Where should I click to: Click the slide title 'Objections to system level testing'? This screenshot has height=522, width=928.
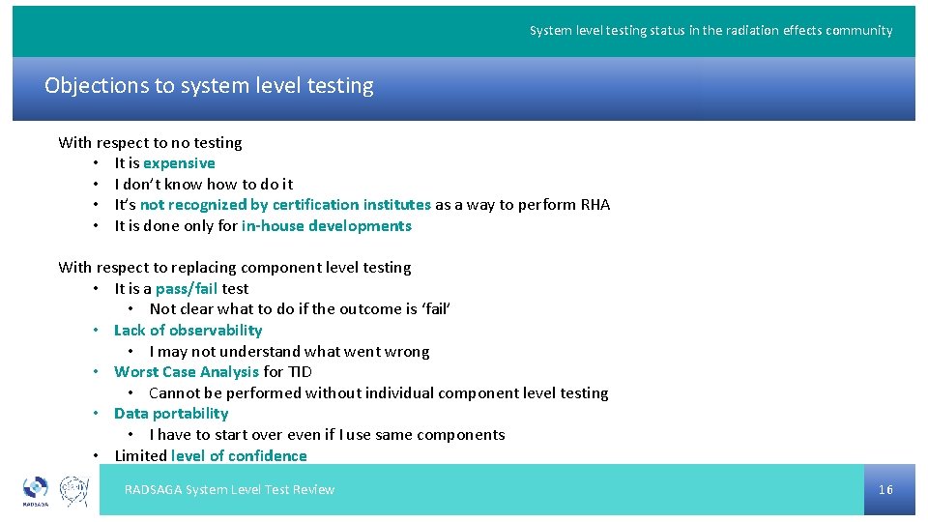(x=209, y=86)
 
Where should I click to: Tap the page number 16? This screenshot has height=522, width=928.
(x=885, y=490)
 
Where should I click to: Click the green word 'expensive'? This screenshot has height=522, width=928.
(x=179, y=163)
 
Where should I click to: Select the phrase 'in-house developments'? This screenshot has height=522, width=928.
(x=326, y=226)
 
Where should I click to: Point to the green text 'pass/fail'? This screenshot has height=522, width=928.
(x=186, y=288)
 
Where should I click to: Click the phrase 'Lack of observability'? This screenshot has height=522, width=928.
(x=188, y=330)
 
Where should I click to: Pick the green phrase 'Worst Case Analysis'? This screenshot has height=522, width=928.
(x=187, y=371)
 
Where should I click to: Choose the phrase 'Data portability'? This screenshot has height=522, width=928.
(x=171, y=413)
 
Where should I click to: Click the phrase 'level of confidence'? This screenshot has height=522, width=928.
(x=239, y=455)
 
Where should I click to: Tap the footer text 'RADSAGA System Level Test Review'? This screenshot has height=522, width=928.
(x=229, y=490)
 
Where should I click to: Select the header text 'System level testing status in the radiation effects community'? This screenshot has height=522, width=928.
(x=710, y=31)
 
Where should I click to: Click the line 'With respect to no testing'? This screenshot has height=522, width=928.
(x=150, y=142)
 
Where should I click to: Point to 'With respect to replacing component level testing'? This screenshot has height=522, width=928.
(x=234, y=267)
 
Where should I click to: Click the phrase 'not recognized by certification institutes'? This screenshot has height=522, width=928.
(x=285, y=205)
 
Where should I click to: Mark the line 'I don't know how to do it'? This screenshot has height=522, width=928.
(x=203, y=184)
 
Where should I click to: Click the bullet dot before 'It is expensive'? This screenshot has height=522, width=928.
(x=98, y=163)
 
